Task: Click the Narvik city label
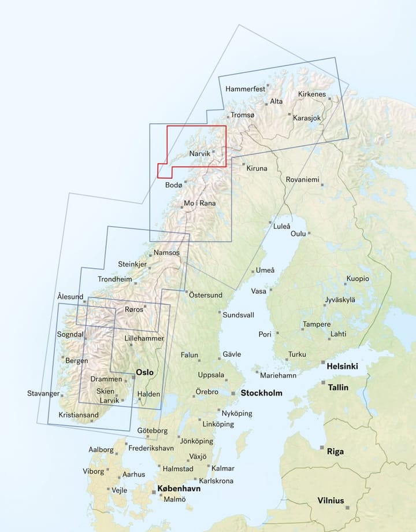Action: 199,154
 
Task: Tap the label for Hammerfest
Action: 245,89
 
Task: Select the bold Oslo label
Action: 144,373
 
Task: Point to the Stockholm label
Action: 262,393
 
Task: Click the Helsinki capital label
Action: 342,367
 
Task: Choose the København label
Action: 179,489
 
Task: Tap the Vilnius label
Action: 330,501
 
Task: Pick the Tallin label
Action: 338,387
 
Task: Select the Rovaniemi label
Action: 302,180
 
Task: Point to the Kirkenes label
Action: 312,94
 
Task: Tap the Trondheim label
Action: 115,279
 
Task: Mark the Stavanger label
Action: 43,394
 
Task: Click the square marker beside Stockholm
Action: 234,393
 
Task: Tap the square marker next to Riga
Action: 322,448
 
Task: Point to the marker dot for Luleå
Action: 270,223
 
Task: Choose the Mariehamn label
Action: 278,375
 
